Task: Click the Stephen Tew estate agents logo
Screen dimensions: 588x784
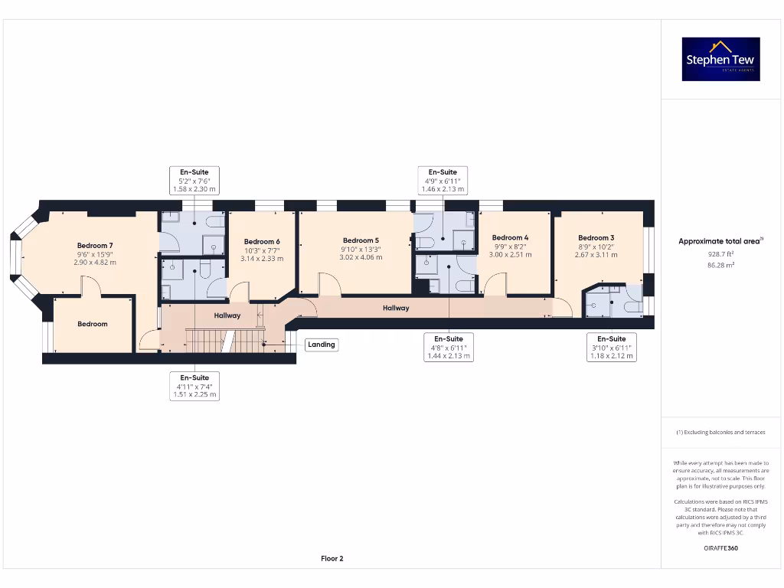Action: point(720,59)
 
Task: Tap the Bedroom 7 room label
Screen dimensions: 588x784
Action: point(95,246)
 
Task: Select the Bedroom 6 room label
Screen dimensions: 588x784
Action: point(262,242)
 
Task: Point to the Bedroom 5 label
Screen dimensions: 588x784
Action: point(361,240)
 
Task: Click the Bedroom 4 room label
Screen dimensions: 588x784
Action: point(510,237)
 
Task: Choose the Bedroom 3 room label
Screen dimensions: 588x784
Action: point(596,238)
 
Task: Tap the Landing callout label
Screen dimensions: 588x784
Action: point(322,345)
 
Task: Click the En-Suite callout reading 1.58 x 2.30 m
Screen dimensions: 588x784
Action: point(194,180)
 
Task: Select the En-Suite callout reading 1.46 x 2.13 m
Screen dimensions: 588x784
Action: point(443,180)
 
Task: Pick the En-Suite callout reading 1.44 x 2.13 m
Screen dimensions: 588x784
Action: point(448,347)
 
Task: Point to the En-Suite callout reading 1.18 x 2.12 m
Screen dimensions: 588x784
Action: point(612,347)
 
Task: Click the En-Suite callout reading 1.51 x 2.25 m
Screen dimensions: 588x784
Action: point(194,386)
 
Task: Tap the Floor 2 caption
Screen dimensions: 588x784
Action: point(332,559)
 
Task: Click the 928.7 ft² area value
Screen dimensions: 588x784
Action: point(720,253)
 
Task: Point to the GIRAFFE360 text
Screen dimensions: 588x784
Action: point(720,548)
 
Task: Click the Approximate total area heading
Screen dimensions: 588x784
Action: point(720,241)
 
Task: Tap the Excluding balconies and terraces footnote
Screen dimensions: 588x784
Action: point(720,433)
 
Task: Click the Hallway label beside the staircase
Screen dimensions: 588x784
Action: point(227,315)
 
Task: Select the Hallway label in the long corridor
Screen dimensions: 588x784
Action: point(396,308)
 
